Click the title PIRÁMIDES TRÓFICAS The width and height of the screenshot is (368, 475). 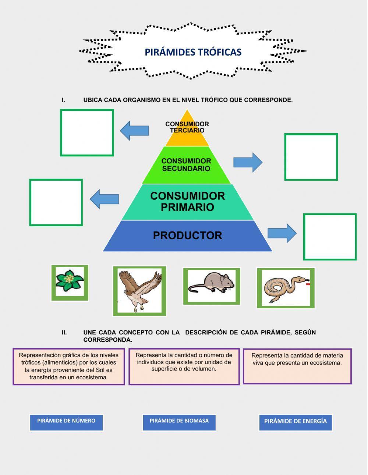click(193, 52)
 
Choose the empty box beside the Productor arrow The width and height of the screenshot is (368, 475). click(330, 237)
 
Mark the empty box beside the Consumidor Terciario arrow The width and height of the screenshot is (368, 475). click(87, 132)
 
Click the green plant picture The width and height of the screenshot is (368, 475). click(70, 282)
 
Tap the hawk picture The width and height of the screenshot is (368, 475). click(139, 291)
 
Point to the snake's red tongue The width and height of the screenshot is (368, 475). click(308, 284)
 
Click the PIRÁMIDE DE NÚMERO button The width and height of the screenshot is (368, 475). click(66, 422)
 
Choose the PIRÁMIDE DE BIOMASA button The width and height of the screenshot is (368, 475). click(179, 422)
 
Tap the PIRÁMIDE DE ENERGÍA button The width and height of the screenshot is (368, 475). click(295, 422)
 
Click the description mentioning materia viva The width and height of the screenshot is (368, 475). click(297, 366)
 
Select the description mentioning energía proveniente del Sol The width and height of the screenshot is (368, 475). click(69, 366)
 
